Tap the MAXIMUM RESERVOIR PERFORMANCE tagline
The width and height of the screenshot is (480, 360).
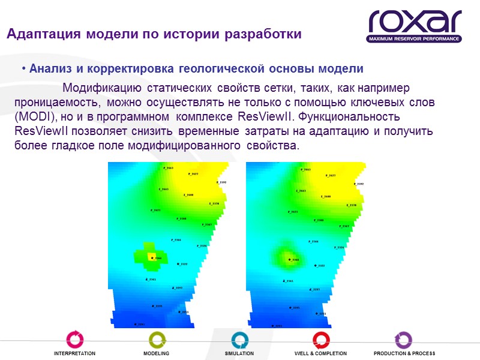click(x=414, y=39)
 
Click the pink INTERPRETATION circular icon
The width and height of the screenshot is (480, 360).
click(x=74, y=340)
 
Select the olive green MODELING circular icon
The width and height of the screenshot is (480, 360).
click(x=157, y=340)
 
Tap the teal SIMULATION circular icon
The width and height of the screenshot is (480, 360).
click(x=239, y=340)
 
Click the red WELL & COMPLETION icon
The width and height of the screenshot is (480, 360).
click(x=321, y=340)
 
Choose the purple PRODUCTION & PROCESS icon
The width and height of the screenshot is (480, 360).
click(x=403, y=340)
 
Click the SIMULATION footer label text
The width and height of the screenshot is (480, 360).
click(x=239, y=354)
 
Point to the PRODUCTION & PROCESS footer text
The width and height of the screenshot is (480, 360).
click(x=404, y=354)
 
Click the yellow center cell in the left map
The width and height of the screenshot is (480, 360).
click(x=151, y=258)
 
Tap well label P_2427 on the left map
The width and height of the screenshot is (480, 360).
click(x=193, y=174)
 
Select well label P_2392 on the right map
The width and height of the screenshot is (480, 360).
click(x=357, y=184)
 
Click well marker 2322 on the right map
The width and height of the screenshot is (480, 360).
click(x=316, y=266)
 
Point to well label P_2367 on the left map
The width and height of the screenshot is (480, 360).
click(x=206, y=225)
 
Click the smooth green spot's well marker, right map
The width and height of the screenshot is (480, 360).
click(x=290, y=260)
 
